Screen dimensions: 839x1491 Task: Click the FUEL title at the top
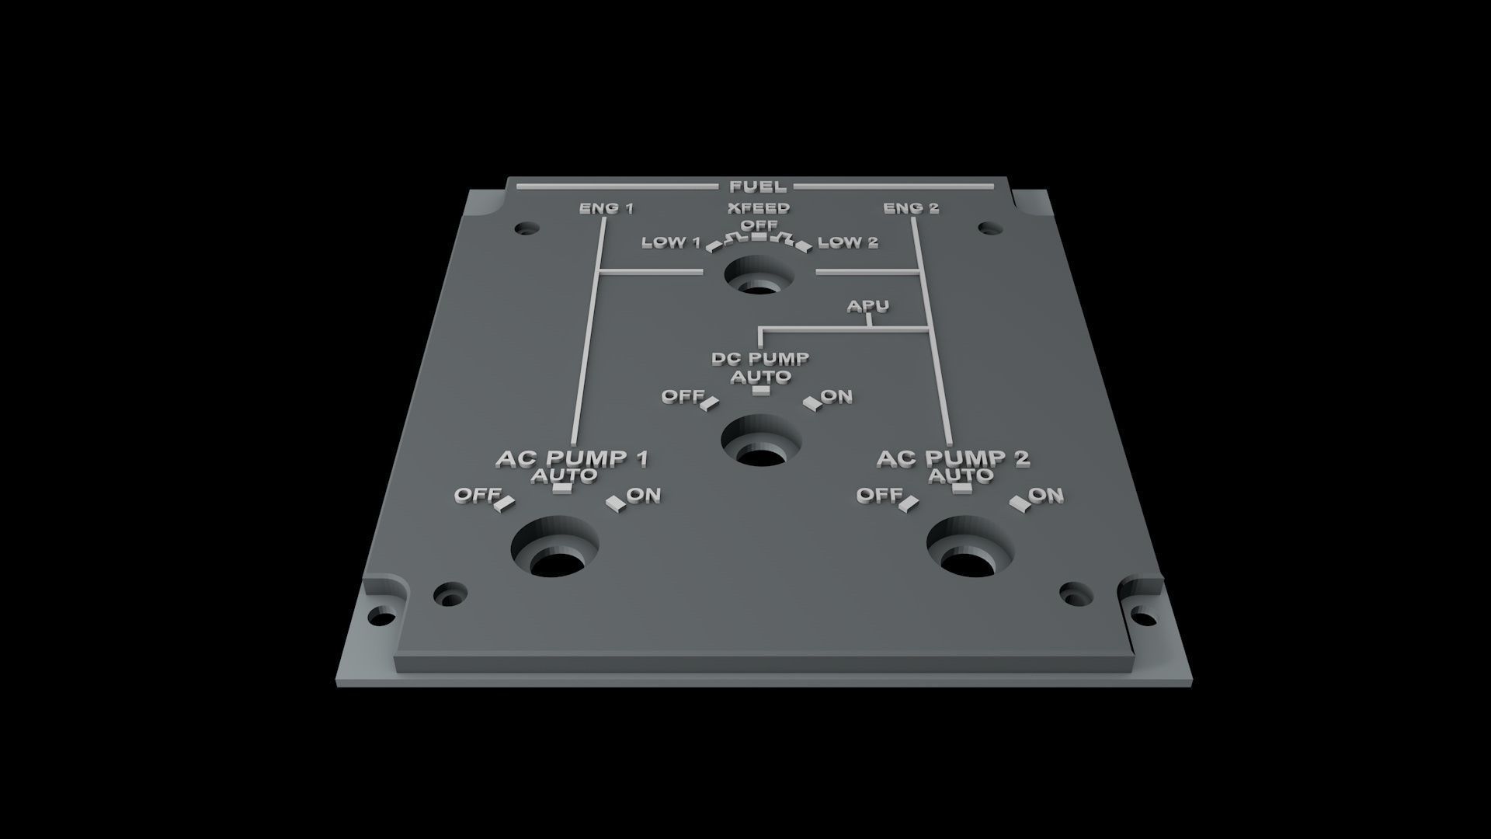[758, 186]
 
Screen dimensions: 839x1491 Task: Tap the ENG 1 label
[606, 208]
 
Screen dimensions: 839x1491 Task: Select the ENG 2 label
[911, 208]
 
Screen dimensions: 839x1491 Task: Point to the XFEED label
[759, 208]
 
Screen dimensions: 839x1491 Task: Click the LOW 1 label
[671, 242]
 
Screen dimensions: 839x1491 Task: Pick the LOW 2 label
[847, 242]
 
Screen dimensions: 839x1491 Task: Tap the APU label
[867, 307]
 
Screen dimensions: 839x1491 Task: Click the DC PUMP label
[760, 359]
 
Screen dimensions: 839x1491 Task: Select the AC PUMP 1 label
[572, 458]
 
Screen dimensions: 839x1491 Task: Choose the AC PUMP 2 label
[953, 458]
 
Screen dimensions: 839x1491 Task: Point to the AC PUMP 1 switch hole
[554, 552]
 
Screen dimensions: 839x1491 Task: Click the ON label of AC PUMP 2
[1046, 495]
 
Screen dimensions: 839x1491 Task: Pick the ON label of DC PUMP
[836, 396]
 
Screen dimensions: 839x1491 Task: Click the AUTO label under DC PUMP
[761, 377]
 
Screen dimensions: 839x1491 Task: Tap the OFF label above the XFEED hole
[759, 225]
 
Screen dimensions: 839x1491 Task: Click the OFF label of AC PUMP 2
[879, 495]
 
